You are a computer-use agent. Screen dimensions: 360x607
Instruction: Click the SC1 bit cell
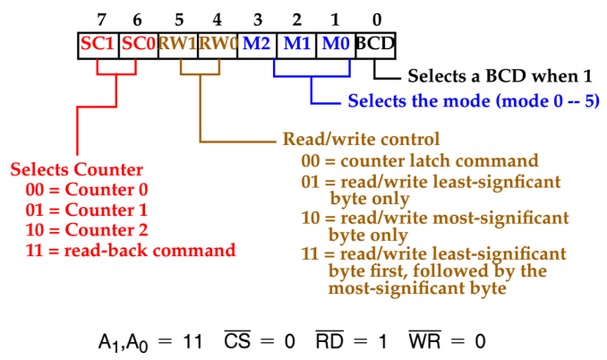point(98,43)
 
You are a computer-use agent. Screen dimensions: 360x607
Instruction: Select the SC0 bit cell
point(138,43)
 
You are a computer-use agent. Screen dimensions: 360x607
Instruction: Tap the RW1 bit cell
point(177,43)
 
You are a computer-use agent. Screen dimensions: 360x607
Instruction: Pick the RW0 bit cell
point(217,43)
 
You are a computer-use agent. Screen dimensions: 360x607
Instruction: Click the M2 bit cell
point(256,43)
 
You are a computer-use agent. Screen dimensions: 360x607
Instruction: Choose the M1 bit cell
point(295,43)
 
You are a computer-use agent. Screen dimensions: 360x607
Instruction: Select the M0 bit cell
point(335,43)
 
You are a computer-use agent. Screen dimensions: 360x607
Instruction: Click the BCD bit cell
point(374,43)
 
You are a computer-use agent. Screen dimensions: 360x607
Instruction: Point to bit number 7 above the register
point(98,17)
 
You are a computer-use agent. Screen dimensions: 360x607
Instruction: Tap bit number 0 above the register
point(375,17)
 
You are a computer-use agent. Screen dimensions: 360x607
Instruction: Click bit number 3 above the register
point(256,17)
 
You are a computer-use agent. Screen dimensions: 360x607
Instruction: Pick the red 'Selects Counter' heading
point(76,169)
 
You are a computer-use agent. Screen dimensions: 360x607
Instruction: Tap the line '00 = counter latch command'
point(419,161)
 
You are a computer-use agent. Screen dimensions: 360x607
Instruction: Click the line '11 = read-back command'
point(131,249)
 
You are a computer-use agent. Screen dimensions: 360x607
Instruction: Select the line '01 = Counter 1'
point(87,210)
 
